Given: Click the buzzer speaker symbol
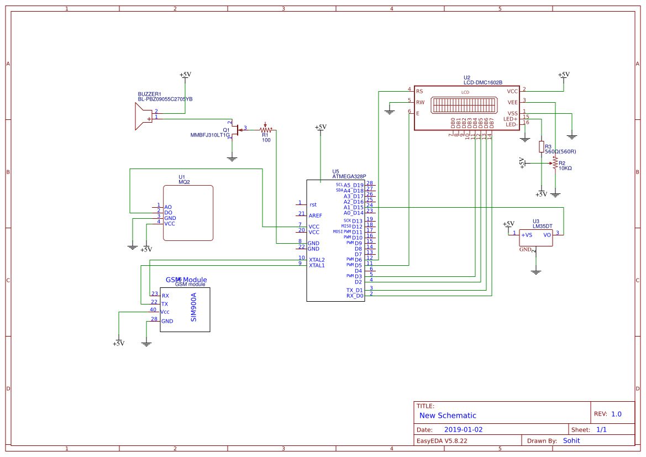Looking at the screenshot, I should click(143, 117).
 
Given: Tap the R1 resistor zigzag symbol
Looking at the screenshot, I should click(266, 130).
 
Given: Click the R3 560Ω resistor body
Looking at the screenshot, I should click(542, 146).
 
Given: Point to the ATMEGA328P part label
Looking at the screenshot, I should click(349, 177).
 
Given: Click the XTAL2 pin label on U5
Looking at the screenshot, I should click(317, 260).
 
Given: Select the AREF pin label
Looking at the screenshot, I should click(316, 216).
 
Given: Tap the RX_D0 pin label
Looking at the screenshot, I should click(354, 296).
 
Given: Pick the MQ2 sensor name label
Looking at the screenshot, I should click(184, 182).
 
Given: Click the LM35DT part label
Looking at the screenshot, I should click(542, 226).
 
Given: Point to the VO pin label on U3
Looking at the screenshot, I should click(547, 235).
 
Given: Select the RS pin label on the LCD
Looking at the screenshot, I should click(419, 91).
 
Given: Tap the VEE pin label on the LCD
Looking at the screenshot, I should click(512, 102).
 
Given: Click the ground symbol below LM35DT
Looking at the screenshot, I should click(535, 271).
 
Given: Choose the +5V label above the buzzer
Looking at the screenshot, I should click(185, 75).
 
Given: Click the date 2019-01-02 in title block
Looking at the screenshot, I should click(463, 429).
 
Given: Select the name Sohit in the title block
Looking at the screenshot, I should click(571, 440).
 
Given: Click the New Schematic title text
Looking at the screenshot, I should click(448, 416).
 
